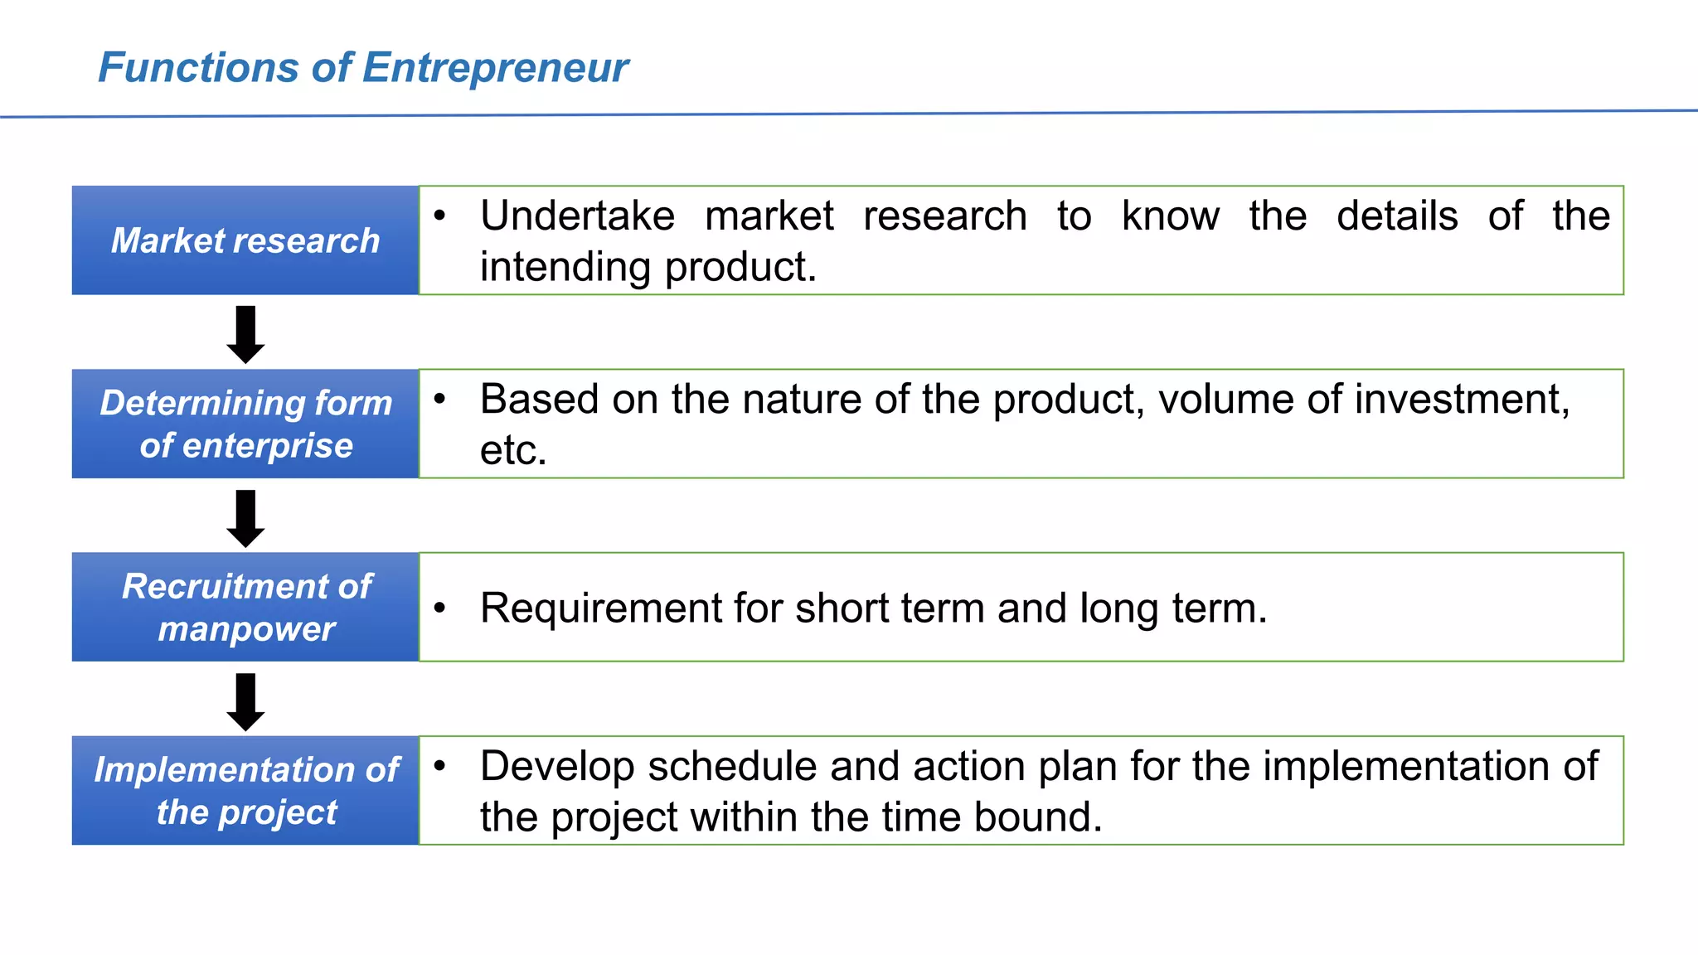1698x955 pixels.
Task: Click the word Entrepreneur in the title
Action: (x=495, y=68)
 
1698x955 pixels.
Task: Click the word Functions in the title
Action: (x=197, y=68)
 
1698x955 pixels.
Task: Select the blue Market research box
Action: (x=245, y=240)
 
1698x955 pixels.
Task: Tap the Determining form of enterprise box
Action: (x=245, y=424)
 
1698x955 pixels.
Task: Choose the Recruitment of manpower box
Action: (x=245, y=607)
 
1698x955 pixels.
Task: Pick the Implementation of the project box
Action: (x=245, y=790)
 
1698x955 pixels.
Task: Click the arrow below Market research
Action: (x=245, y=334)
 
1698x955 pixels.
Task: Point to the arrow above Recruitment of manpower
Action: (x=245, y=518)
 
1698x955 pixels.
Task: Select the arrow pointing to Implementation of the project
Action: (x=245, y=701)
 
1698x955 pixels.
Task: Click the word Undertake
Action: (x=577, y=216)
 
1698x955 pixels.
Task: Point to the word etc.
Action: (x=512, y=451)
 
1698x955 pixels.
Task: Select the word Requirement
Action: (x=600, y=608)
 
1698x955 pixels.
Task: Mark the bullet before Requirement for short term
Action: (x=440, y=608)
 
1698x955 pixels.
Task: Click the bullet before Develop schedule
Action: (x=440, y=765)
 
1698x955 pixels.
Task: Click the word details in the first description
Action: (x=1397, y=216)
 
